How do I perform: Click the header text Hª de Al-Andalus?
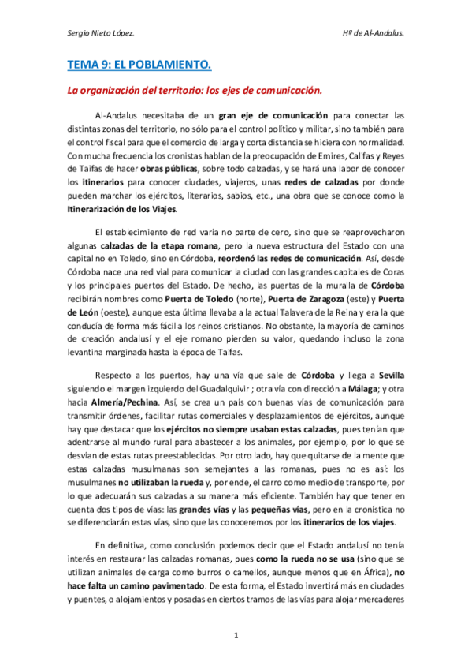375,33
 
